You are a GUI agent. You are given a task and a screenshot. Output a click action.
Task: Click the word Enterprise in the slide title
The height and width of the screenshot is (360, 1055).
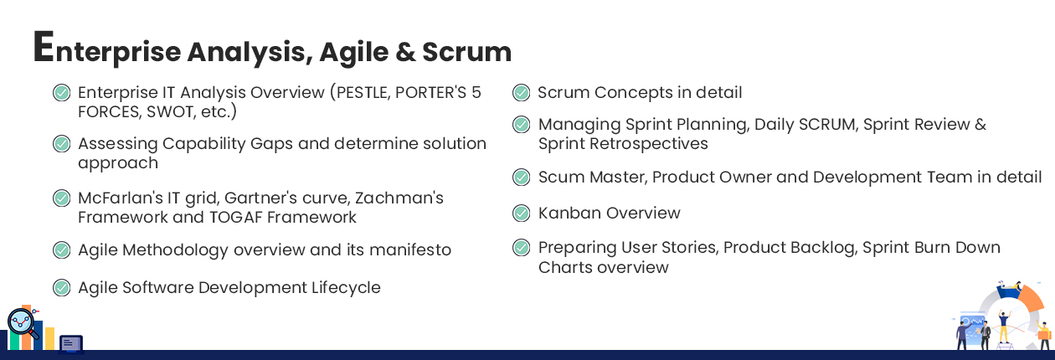click(x=107, y=48)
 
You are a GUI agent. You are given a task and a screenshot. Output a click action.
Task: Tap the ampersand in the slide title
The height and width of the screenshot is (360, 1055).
click(x=405, y=52)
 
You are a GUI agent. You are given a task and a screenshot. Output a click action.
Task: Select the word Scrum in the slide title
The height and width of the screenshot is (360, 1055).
click(x=466, y=52)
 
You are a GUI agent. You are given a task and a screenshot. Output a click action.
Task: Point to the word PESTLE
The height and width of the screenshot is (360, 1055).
click(x=363, y=93)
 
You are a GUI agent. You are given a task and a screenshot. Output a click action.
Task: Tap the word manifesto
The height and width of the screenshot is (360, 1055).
click(x=410, y=249)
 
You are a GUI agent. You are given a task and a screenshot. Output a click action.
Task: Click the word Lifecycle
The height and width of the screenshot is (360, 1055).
click(x=346, y=287)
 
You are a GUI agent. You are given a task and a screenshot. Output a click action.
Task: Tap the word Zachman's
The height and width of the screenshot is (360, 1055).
click(x=399, y=198)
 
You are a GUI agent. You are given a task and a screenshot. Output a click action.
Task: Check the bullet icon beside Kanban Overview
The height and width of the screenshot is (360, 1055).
click(x=521, y=213)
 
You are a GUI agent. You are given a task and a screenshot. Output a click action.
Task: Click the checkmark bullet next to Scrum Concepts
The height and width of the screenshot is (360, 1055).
click(x=521, y=92)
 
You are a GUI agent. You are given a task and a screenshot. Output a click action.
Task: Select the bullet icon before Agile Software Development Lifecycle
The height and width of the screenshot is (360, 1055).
click(x=61, y=287)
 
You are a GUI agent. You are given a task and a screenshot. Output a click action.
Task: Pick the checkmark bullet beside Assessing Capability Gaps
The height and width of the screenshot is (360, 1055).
click(x=61, y=144)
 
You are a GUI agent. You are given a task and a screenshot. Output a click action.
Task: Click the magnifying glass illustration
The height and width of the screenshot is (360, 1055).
click(x=23, y=324)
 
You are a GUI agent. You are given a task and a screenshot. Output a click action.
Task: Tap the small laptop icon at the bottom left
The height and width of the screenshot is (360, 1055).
click(x=71, y=344)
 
